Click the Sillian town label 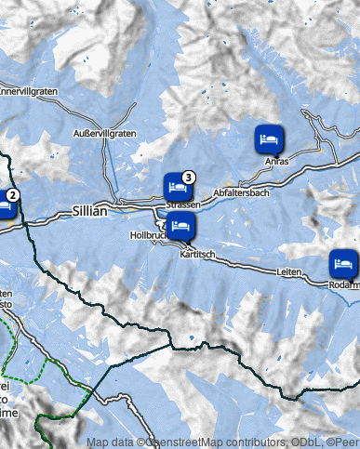(x=89, y=211)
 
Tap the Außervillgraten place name (x=105, y=134)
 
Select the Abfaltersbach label (x=241, y=192)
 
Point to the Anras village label (x=277, y=162)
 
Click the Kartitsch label (x=198, y=254)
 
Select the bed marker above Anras (x=268, y=139)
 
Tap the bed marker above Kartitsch (x=180, y=226)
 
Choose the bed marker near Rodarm (x=342, y=262)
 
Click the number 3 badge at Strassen (x=189, y=176)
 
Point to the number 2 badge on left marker (x=12, y=195)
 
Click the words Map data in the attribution (x=110, y=443)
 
